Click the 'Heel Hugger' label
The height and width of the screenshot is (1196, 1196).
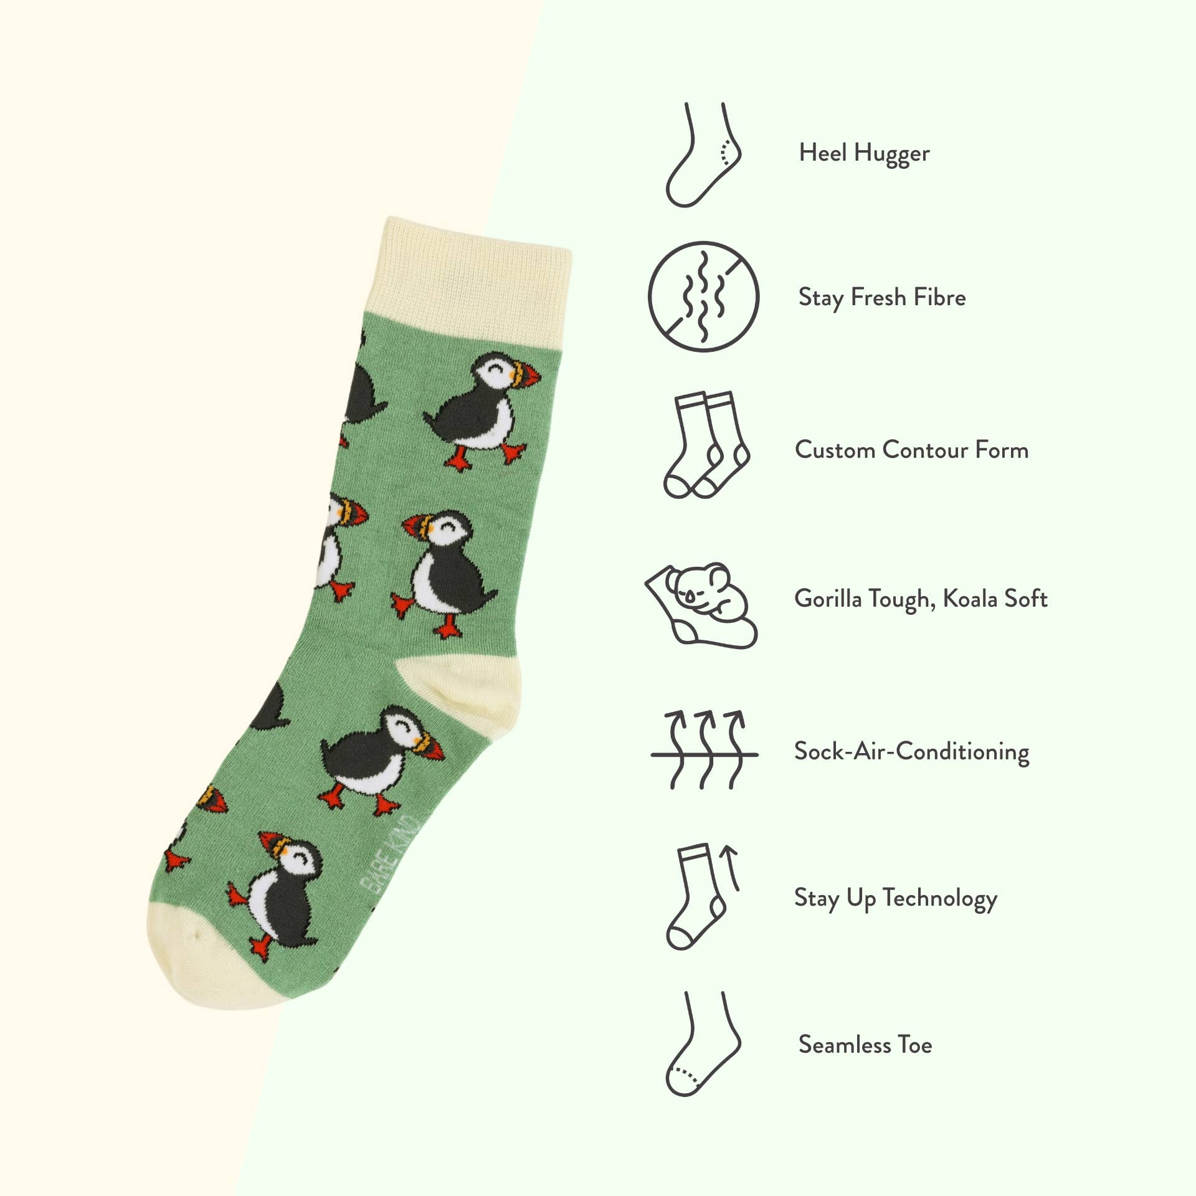coord(864,153)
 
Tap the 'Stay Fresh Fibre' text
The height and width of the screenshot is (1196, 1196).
coord(881,298)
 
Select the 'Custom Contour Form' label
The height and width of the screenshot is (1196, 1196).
coord(911,450)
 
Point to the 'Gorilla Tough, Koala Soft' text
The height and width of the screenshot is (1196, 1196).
coord(921,599)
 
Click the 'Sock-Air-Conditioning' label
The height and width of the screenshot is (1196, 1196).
coord(911,751)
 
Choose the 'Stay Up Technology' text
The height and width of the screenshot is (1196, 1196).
coord(895,898)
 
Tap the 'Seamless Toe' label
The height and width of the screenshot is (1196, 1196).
coord(865,1045)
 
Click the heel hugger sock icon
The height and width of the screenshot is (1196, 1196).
coord(703,155)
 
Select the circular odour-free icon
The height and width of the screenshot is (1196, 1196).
coord(703,297)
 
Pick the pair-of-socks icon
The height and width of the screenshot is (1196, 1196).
coord(705,445)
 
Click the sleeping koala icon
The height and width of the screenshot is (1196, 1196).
coord(701,604)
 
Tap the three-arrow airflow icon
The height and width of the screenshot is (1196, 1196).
coord(705,750)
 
